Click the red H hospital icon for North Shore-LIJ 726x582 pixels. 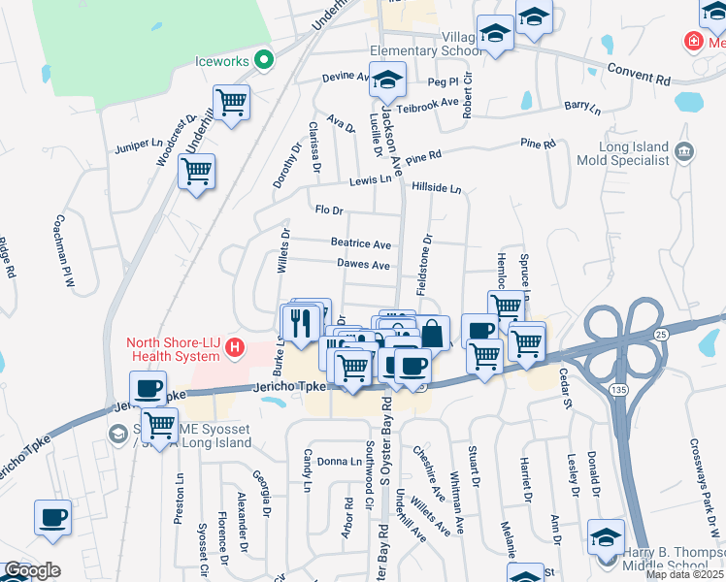tap(234, 346)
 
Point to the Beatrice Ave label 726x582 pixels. tap(360, 244)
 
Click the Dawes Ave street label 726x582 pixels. tap(363, 265)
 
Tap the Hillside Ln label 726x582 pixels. tap(436, 188)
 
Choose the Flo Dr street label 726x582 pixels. tap(330, 210)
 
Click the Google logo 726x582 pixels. tap(32, 571)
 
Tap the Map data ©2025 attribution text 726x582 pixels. tap(684, 574)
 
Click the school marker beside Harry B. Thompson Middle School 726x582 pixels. tap(606, 538)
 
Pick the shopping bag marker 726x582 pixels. tap(433, 334)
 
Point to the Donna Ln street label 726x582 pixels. tap(340, 462)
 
